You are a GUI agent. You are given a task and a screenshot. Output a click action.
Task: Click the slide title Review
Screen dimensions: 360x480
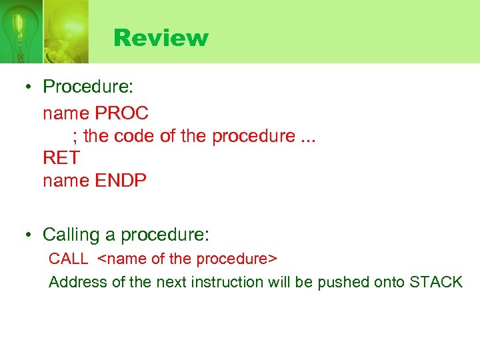(x=161, y=37)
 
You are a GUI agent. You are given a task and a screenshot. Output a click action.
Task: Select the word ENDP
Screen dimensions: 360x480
(x=121, y=181)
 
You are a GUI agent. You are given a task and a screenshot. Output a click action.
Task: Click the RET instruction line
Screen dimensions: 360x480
(x=61, y=158)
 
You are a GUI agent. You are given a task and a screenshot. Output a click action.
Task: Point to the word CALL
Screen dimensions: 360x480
(x=69, y=259)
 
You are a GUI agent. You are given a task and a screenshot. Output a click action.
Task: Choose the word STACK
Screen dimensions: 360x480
(x=436, y=282)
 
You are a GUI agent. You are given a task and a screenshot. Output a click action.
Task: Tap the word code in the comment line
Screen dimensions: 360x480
(x=135, y=136)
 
